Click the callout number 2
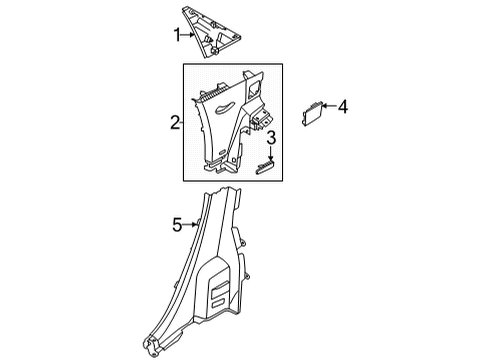tap(174, 123)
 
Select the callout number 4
tap(343, 105)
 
